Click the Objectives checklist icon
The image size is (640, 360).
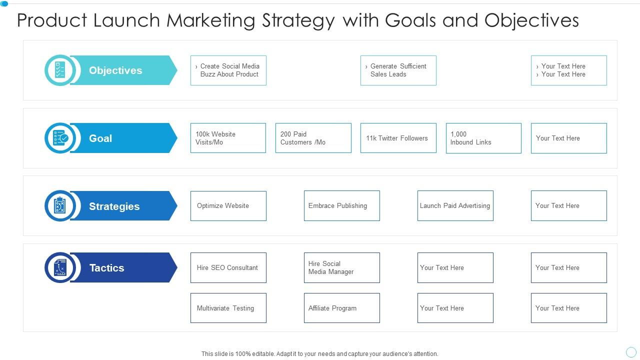[x=60, y=70]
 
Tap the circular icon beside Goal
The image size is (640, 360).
[x=60, y=138]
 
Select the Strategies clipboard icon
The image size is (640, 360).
[x=60, y=205]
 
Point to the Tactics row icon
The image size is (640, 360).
[x=60, y=267]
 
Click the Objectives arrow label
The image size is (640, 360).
[x=116, y=70]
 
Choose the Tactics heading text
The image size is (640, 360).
[x=106, y=268]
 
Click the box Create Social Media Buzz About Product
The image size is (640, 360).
[x=228, y=70]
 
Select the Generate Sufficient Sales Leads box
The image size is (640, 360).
[x=398, y=70]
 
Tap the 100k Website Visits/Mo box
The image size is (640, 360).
[x=228, y=138]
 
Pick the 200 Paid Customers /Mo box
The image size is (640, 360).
[x=313, y=138]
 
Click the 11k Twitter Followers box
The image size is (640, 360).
[x=398, y=138]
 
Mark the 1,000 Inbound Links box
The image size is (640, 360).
[x=483, y=138]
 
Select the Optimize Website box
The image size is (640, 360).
[x=228, y=205]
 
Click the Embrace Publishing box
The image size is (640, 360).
[x=342, y=205]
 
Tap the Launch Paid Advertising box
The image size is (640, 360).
[x=455, y=205]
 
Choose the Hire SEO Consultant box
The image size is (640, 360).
[x=228, y=267]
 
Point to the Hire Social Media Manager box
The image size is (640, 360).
[x=342, y=267]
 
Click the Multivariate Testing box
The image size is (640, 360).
[x=228, y=308]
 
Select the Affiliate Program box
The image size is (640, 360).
[x=342, y=308]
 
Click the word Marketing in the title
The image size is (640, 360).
[x=211, y=20]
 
